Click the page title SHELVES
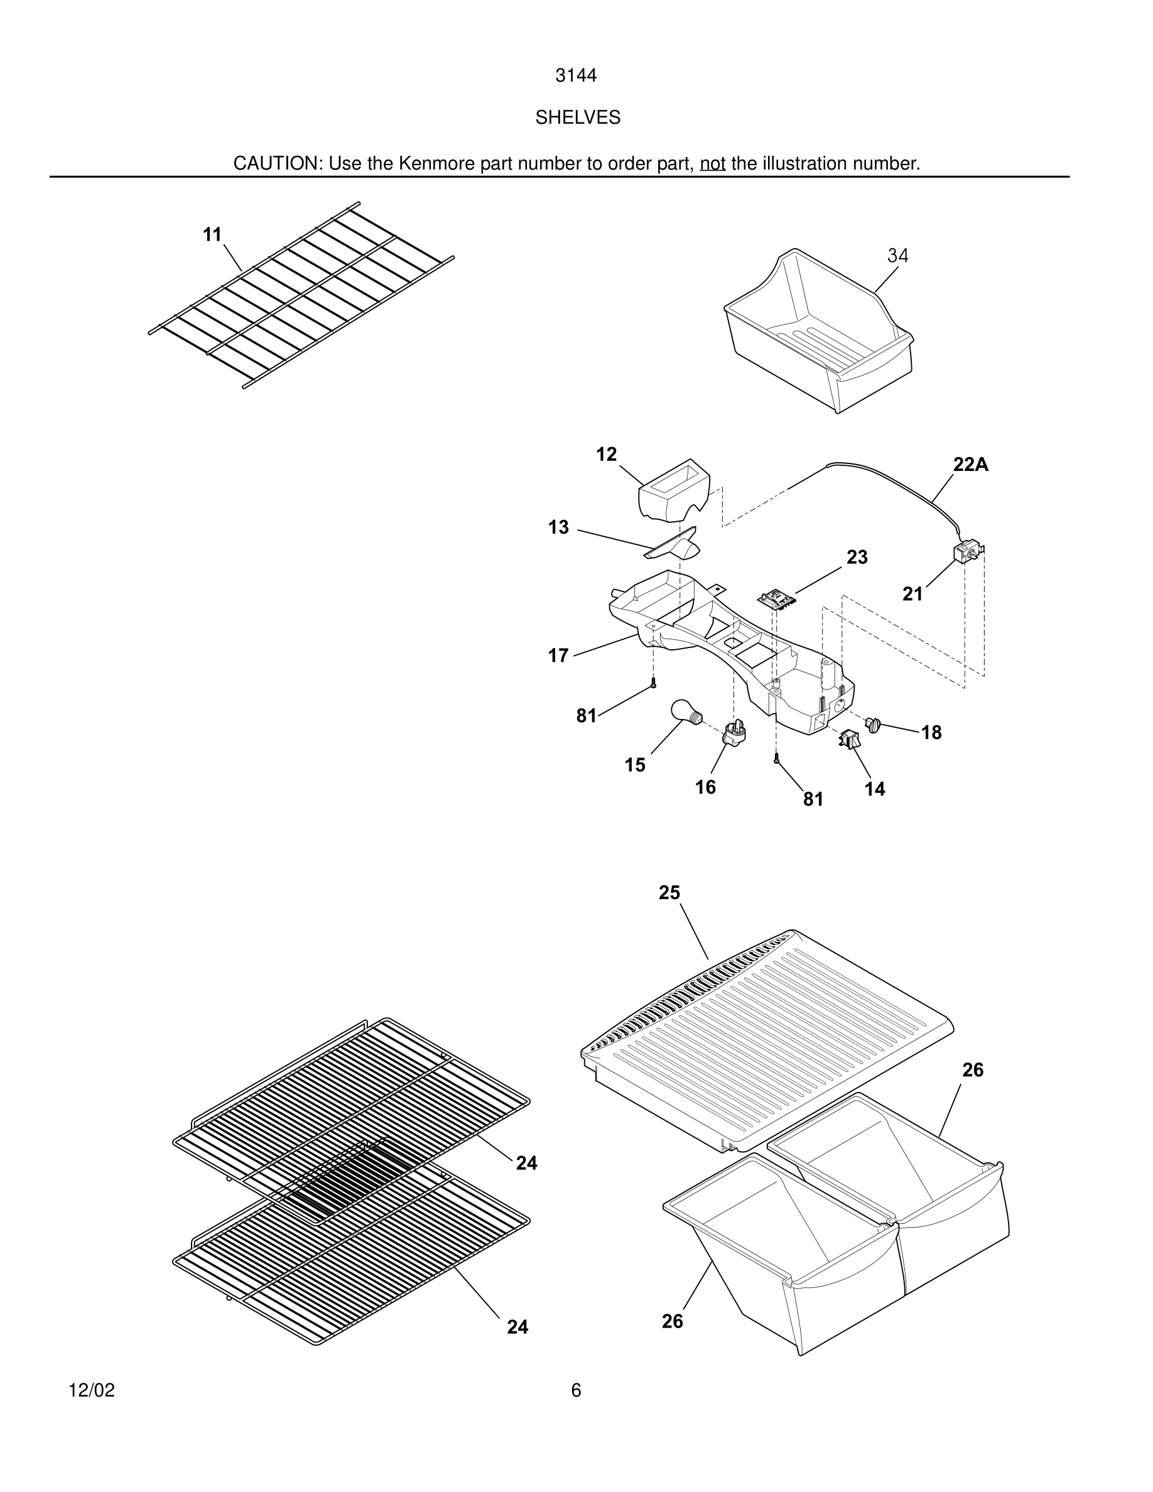(x=577, y=118)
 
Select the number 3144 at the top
(x=576, y=76)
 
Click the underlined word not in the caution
(x=712, y=164)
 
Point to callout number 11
(x=212, y=235)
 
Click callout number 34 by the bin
(x=897, y=256)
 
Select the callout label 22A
(x=971, y=465)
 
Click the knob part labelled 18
(x=873, y=724)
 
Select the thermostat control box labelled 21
(x=966, y=552)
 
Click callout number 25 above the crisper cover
(x=669, y=893)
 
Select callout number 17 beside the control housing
(x=558, y=656)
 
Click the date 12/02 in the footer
(x=92, y=1390)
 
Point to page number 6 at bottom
(x=576, y=1390)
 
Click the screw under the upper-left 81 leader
(x=654, y=682)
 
